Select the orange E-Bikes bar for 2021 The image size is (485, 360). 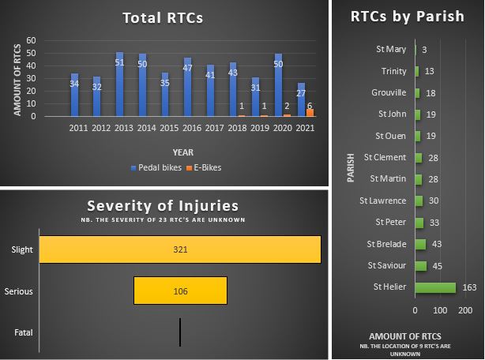click(310, 112)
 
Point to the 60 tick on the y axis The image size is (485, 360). click(32, 40)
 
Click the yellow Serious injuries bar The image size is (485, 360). click(180, 291)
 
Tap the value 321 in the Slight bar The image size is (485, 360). click(179, 249)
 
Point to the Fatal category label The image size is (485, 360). click(24, 332)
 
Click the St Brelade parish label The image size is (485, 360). click(386, 244)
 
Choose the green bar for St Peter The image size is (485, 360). click(420, 222)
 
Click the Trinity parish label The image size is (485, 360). click(393, 72)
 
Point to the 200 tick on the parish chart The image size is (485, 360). click(465, 309)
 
